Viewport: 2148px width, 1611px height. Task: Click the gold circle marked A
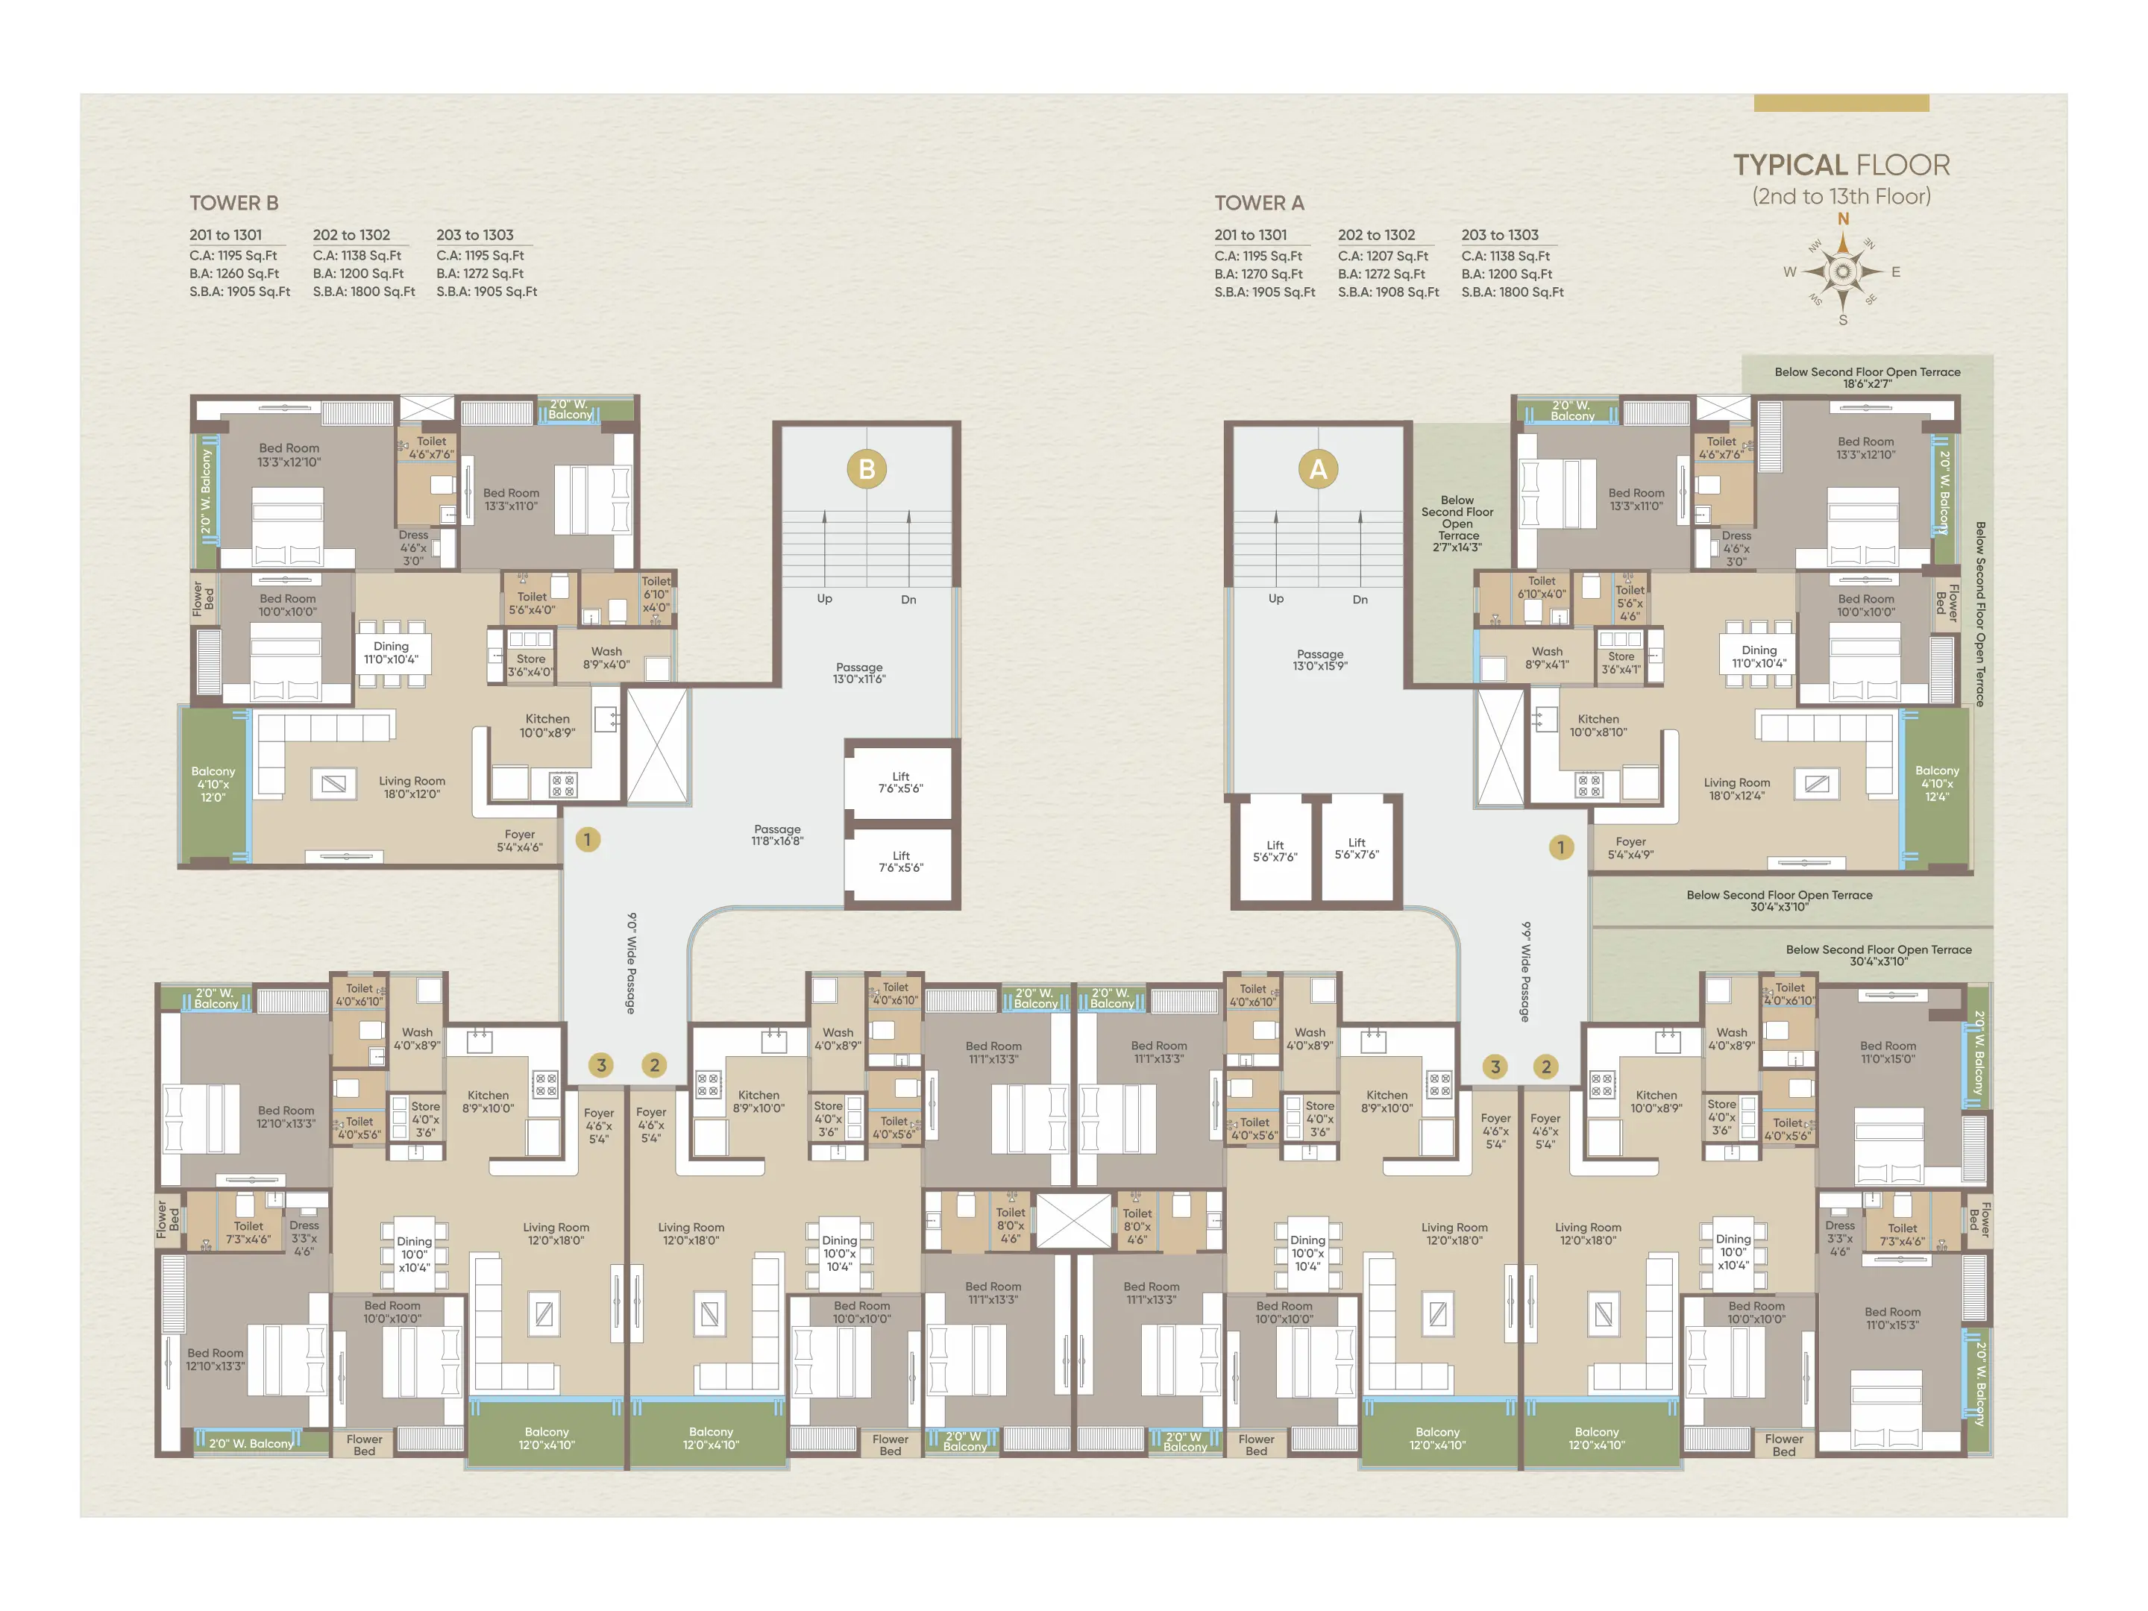[x=1318, y=469]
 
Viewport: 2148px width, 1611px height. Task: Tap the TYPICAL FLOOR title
[x=1841, y=165]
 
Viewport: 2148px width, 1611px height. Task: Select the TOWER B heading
[x=234, y=203]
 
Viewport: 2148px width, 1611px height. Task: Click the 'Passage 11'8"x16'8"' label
[x=777, y=835]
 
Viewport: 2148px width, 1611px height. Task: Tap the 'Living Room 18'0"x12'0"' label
[x=412, y=788]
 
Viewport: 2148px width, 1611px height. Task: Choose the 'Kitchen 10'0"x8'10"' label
[x=1598, y=726]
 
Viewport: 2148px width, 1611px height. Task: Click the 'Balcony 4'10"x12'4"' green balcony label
[x=1936, y=784]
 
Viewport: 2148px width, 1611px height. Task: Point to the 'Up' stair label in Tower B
[x=824, y=598]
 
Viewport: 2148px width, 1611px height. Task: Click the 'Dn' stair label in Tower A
[x=1360, y=599]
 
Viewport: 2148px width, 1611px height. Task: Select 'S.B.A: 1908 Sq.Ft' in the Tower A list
[x=1388, y=292]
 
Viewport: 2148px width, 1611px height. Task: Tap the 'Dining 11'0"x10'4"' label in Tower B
[x=392, y=653]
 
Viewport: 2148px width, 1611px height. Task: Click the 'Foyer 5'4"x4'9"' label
[x=1630, y=848]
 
